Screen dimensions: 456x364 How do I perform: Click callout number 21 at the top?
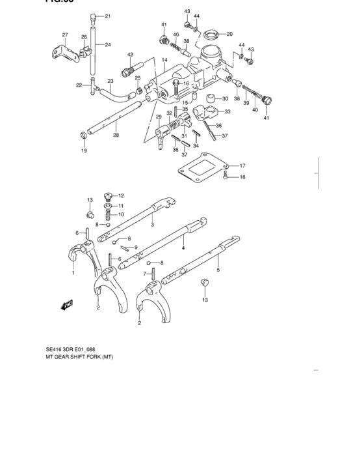[108, 16]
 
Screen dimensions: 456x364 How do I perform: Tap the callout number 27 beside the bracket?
[65, 35]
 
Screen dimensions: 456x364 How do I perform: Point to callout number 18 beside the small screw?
[242, 177]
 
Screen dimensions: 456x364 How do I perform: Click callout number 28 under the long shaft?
[116, 135]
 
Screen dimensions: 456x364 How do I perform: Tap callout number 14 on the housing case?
[165, 60]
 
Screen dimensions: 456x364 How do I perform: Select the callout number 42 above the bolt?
[130, 55]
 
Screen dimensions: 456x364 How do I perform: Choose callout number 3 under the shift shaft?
[152, 225]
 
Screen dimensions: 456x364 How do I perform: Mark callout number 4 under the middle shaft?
[183, 248]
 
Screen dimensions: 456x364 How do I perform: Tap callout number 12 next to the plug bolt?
[120, 196]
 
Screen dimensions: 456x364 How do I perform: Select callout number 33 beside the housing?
[227, 112]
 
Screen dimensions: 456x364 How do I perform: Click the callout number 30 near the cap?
[225, 99]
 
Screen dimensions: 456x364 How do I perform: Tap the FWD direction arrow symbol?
[68, 304]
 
